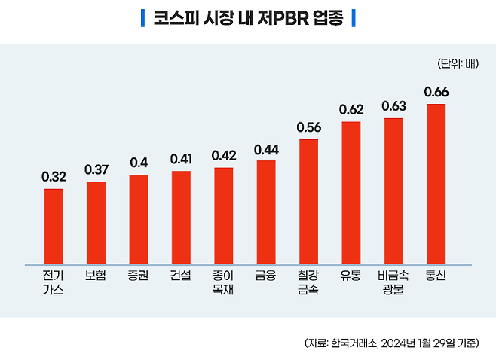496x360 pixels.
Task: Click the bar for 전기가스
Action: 54,226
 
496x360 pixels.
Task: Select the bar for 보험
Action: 96,222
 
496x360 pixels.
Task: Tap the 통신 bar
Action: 436,184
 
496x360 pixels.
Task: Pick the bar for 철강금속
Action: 308,201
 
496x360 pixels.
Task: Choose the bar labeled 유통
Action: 351,192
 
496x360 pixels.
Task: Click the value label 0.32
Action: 54,178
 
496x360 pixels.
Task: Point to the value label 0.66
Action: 436,93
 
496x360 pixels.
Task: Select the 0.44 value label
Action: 266,150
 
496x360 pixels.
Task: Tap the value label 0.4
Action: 139,163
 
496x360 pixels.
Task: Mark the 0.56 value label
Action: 308,128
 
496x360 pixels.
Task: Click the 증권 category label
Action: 139,276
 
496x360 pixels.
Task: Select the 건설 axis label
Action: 181,276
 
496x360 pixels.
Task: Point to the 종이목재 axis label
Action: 224,282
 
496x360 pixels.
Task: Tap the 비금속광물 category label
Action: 393,282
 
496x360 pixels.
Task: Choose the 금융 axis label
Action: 266,276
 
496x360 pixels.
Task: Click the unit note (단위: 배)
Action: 457,63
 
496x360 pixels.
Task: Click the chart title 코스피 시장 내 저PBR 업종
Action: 247,17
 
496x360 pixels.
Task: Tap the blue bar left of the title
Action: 142,17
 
